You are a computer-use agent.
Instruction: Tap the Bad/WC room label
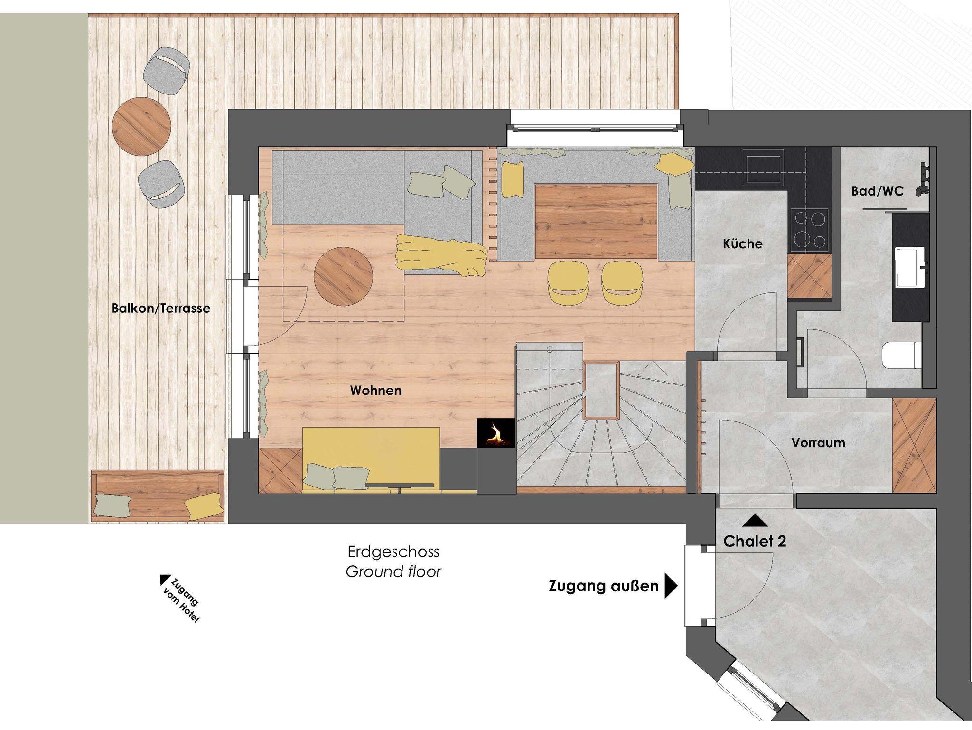[878, 191]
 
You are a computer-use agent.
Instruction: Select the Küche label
[743, 243]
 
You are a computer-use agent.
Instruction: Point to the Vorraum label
[818, 442]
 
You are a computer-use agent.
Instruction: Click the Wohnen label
[376, 390]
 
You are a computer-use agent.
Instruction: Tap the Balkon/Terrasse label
[161, 308]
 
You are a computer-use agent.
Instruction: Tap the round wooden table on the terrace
[141, 126]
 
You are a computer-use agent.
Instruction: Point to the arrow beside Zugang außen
[671, 587]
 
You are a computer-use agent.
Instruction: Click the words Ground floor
[393, 572]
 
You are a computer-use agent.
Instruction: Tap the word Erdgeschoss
[393, 552]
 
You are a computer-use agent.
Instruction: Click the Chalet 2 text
[755, 541]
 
